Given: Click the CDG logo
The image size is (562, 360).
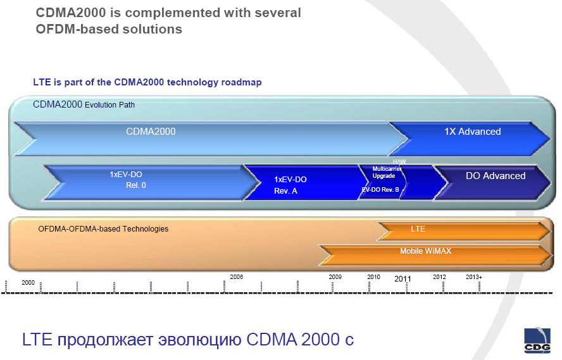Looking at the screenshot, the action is point(537,340).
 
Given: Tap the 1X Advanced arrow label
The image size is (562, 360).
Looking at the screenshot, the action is point(472,132).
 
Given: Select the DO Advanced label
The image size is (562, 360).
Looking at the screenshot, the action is point(496,176).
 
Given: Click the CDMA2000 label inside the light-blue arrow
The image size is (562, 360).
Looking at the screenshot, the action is point(151,132).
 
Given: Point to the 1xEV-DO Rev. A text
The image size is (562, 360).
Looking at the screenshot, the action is point(290,185).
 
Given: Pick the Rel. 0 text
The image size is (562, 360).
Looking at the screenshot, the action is point(136,185).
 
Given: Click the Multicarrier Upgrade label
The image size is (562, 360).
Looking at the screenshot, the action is point(386,172).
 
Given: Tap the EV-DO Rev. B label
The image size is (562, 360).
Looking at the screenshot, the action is point(380,190).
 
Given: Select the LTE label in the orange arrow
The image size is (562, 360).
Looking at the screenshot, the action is point(418,229).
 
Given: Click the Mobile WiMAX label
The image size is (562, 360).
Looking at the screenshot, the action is point(425,251).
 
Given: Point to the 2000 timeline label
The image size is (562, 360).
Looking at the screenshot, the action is point(28,283).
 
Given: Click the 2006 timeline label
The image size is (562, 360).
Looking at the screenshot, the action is point(237,277).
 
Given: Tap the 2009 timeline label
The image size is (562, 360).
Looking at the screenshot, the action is point(335,277).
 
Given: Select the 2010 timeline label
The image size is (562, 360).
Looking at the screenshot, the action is point(373,277).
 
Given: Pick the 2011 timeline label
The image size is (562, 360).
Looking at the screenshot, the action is point(403,278).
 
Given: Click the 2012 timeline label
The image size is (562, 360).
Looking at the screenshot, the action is point(439,277).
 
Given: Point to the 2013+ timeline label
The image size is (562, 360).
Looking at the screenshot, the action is point(474,277).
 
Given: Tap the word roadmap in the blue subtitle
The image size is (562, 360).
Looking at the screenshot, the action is point(241,82).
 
